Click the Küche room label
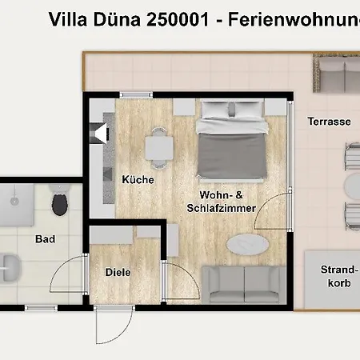click(138, 180)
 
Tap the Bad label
click(45, 238)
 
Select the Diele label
click(118, 272)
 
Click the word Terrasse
click(330, 122)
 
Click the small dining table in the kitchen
click(158, 146)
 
